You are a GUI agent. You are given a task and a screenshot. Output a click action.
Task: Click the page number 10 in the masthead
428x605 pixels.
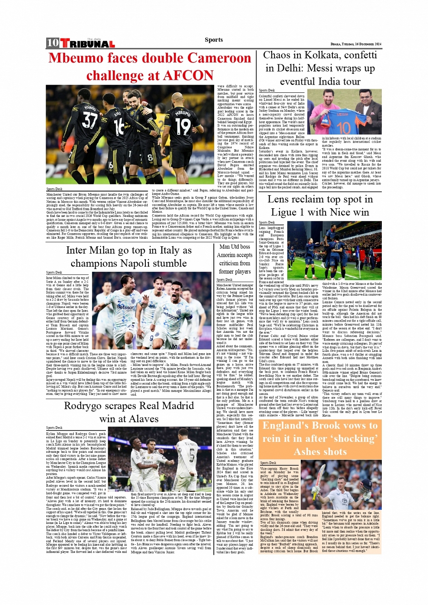click(52, 43)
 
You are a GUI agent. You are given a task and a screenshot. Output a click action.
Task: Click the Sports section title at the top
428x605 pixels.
click(213, 40)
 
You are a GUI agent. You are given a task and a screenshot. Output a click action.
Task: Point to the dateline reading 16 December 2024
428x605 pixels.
click(368, 44)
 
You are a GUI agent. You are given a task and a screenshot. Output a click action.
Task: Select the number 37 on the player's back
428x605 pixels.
click(90, 119)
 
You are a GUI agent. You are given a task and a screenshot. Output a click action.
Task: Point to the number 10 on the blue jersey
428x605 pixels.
click(343, 127)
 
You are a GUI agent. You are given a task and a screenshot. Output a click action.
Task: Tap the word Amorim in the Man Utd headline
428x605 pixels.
click(229, 255)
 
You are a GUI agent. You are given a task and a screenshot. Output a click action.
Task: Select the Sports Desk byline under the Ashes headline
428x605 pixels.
click(268, 463)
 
